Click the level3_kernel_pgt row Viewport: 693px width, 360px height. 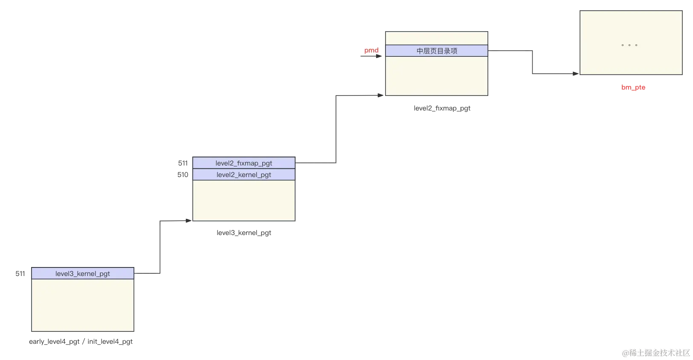coord(83,273)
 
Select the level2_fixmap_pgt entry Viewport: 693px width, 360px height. coord(244,163)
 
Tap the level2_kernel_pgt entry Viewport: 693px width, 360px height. coord(244,174)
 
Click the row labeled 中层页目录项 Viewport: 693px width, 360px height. coord(437,51)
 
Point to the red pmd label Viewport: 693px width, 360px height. coord(371,50)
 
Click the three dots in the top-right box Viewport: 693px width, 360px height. coord(629,45)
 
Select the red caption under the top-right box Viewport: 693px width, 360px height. coord(634,87)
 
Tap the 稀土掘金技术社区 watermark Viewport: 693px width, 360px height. coord(655,352)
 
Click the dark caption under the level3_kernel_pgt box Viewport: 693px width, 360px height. coord(80,342)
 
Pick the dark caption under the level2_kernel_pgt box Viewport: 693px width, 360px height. coord(244,232)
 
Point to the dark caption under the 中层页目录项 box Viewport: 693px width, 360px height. coord(441,108)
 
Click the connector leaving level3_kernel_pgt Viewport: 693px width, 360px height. coord(159,247)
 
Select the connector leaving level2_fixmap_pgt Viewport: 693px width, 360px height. coord(336,128)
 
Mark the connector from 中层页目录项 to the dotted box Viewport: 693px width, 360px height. coord(532,62)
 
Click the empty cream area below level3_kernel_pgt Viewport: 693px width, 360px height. coord(83,305)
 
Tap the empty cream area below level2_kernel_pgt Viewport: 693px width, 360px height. coord(244,200)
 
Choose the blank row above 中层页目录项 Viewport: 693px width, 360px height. coord(437,38)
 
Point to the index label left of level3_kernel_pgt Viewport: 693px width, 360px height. coord(20,273)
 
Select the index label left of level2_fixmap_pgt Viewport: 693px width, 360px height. coord(183,163)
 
